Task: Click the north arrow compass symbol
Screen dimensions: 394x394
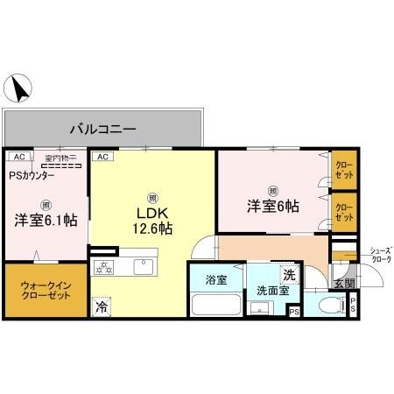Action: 18,88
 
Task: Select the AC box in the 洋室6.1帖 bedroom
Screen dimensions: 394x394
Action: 16,157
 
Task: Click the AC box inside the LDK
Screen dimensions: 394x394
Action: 102,157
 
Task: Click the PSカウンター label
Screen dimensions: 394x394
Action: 32,175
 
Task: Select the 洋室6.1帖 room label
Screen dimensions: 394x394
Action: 44,220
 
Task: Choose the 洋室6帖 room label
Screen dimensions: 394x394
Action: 272,207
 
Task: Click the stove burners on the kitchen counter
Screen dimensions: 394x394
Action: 105,266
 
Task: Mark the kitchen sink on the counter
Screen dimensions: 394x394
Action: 142,265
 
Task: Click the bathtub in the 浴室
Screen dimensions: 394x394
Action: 215,306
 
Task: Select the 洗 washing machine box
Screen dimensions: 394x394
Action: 288,273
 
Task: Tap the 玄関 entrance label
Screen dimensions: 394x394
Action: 344,283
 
